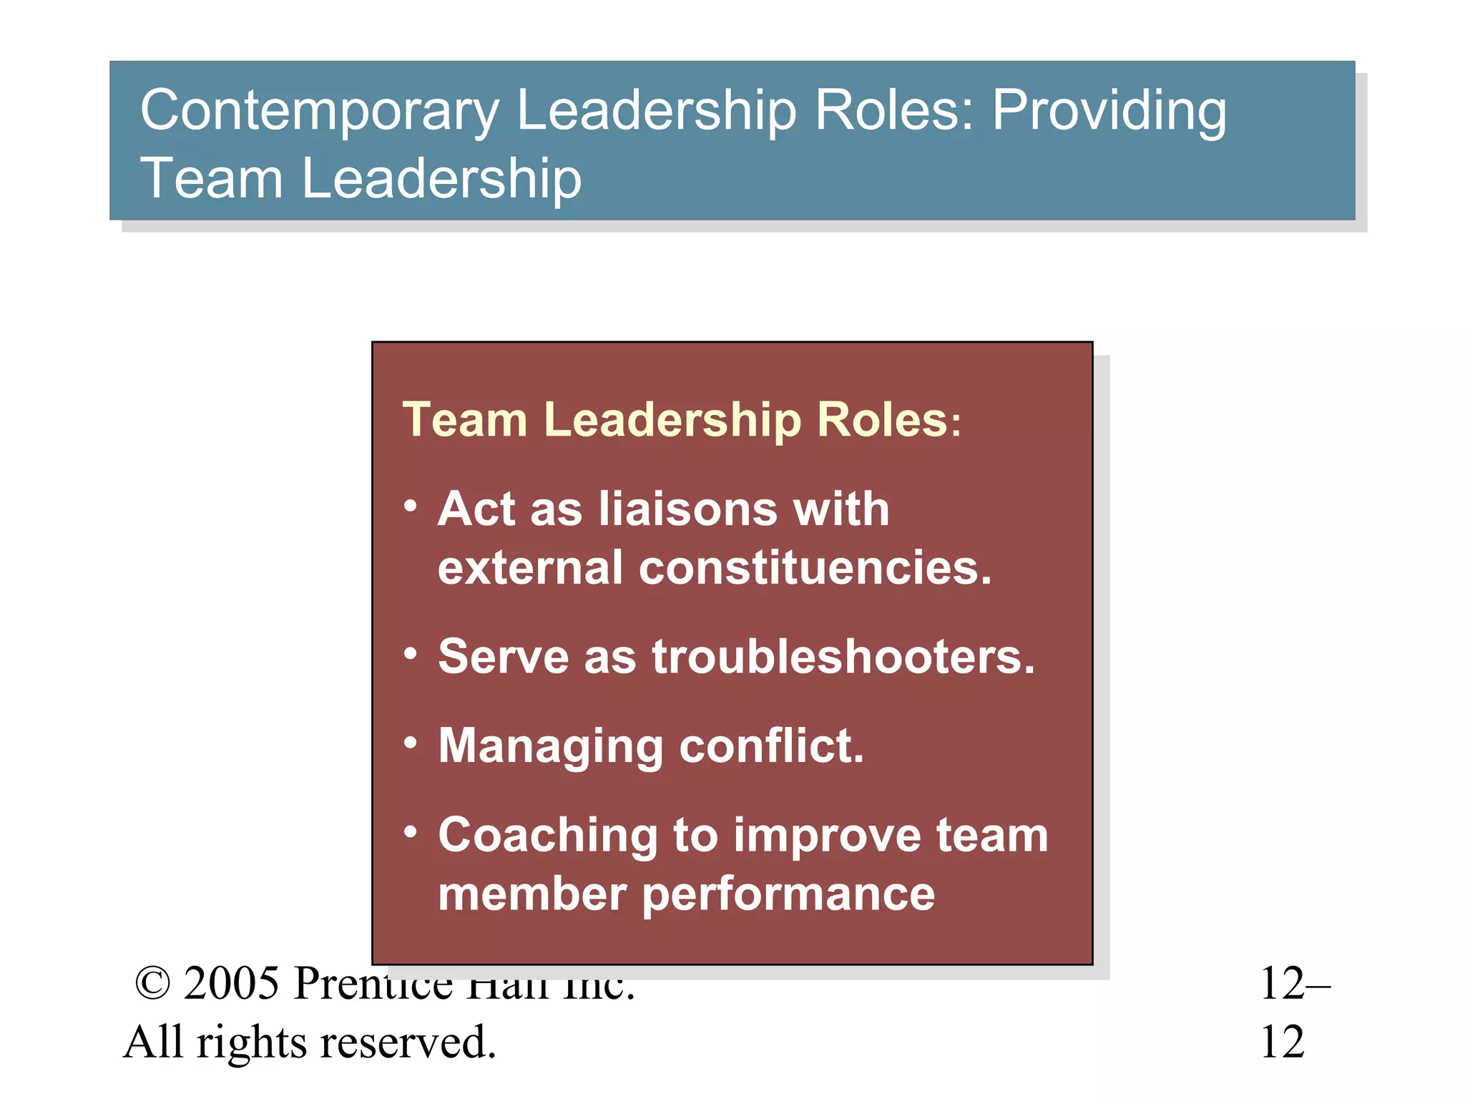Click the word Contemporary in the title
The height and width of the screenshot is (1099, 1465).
click(x=319, y=112)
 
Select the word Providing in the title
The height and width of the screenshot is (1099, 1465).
click(x=1109, y=112)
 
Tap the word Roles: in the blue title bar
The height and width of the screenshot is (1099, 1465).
click(x=894, y=110)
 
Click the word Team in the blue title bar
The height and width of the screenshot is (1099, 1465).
click(x=211, y=178)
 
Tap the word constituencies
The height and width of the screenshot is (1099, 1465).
click(x=815, y=567)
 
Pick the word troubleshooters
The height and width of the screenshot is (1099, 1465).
click(x=843, y=656)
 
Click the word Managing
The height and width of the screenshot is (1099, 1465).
click(x=551, y=747)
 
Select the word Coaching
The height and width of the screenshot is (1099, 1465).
click(x=548, y=836)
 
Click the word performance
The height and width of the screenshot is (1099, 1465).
click(x=788, y=894)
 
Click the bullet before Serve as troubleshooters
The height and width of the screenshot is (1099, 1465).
click(x=410, y=653)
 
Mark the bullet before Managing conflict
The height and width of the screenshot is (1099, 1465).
click(x=410, y=743)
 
